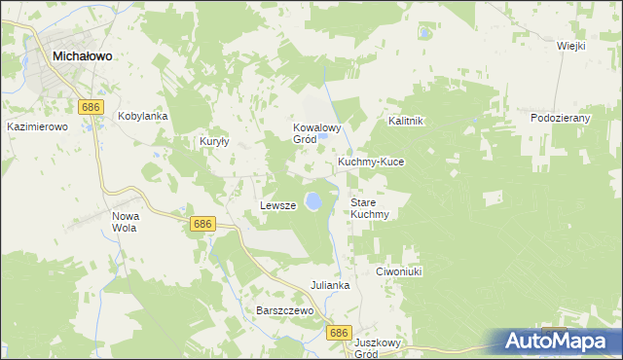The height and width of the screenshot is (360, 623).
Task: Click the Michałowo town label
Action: point(82,56)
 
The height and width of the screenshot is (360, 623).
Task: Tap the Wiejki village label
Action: point(570,46)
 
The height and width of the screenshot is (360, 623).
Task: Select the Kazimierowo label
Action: point(36,126)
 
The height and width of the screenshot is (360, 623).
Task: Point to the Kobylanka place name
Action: point(143,116)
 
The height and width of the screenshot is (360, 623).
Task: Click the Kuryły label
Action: point(214,141)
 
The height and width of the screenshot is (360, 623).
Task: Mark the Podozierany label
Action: point(561,118)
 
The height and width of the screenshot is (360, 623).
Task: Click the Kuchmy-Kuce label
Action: point(370,162)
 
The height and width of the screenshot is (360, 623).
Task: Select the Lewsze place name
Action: point(277,205)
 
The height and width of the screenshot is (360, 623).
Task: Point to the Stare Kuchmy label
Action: point(370,208)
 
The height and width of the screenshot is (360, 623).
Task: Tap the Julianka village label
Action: point(330,285)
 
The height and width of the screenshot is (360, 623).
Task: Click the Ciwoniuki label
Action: point(398,272)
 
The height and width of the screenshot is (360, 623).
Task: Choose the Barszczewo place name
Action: point(283,310)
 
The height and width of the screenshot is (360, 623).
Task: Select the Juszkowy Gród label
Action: point(379,348)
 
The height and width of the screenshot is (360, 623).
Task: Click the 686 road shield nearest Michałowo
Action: point(91,104)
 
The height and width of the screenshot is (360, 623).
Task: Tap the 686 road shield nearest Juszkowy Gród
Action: point(338,333)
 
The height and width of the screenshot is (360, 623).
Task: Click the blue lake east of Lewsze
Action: point(313,201)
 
